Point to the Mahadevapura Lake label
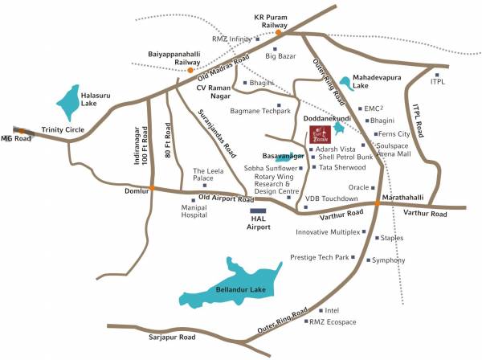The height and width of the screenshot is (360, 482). [374, 81]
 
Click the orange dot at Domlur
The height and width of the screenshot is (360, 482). [150, 188]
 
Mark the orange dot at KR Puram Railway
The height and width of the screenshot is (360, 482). [279, 32]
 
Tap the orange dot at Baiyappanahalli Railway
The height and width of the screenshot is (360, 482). [190, 71]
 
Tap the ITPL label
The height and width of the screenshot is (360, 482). [438, 81]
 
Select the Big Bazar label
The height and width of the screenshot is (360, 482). [282, 56]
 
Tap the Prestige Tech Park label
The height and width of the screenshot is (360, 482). [321, 257]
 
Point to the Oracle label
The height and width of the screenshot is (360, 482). [357, 188]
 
